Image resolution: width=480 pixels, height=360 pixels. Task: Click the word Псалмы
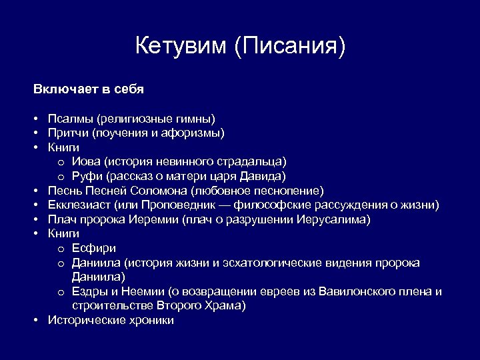pos(70,118)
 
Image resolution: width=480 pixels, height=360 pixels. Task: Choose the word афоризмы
pos(198,133)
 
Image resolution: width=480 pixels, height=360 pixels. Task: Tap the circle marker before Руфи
pos(61,177)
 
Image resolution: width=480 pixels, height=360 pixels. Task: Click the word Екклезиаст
pos(79,205)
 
